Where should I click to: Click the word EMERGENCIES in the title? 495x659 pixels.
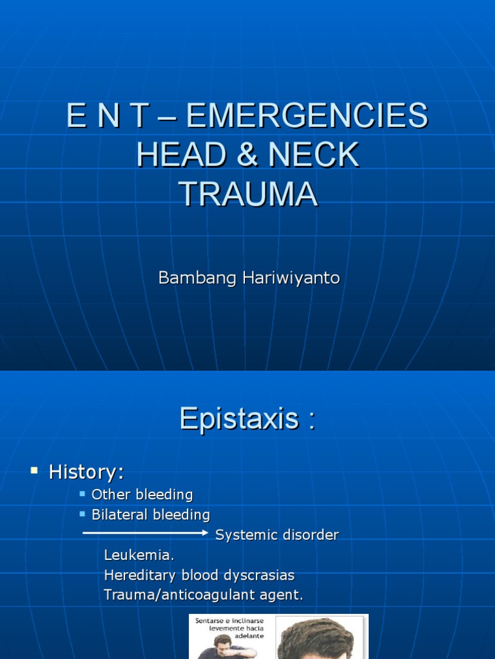click(307, 116)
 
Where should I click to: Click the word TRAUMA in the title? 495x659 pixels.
click(248, 194)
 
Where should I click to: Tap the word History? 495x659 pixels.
click(86, 473)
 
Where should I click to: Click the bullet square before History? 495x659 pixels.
click(34, 471)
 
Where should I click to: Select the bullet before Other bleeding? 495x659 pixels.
click(82, 494)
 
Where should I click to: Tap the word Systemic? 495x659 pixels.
click(245, 535)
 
